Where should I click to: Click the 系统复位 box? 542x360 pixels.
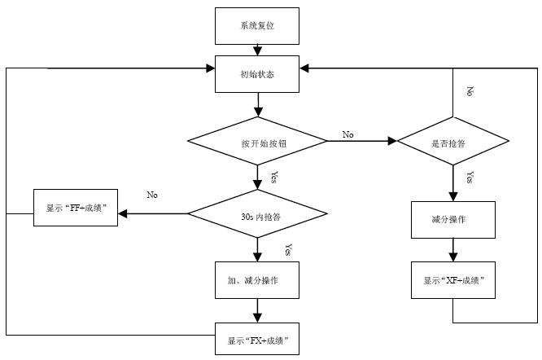point(257,27)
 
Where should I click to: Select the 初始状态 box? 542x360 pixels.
point(257,74)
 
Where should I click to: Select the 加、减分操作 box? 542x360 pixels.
point(257,280)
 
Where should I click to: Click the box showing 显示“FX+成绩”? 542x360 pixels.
point(257,338)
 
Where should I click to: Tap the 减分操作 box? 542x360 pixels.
point(452,219)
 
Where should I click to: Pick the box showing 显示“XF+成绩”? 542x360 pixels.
point(452,280)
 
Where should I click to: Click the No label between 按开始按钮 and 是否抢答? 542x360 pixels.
point(348,134)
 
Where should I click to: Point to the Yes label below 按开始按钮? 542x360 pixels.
point(274,177)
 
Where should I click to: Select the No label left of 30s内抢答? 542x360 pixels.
point(152,195)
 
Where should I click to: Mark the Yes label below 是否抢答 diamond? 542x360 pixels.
point(470,177)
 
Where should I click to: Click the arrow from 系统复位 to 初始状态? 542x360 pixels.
point(257,50)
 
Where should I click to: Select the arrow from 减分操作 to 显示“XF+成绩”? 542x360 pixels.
point(452,248)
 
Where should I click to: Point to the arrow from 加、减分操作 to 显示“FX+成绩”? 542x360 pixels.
point(257,310)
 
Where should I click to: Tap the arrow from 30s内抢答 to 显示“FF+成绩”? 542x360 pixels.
point(155,215)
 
